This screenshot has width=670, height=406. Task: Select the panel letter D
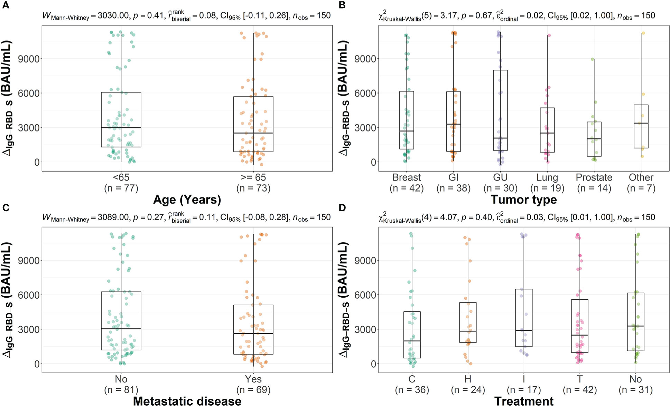342,208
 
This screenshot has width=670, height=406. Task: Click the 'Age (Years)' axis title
187,200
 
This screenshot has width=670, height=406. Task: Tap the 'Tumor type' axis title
524,200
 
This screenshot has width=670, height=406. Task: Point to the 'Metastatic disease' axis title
187,401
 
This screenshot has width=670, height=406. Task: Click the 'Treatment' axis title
524,401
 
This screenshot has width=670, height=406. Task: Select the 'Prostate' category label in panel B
594,177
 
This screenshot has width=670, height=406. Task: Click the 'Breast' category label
407,177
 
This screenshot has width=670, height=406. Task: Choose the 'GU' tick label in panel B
500,177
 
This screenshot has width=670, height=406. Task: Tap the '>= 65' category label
253,177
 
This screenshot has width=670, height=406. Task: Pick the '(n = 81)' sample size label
121,390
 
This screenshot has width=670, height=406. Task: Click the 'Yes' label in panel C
253,379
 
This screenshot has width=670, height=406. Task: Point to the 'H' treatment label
468,379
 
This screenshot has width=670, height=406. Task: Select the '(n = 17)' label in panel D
524,390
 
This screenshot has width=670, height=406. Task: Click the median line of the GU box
500,138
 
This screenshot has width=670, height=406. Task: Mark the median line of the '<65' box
121,127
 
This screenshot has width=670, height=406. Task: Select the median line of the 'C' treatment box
412,341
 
